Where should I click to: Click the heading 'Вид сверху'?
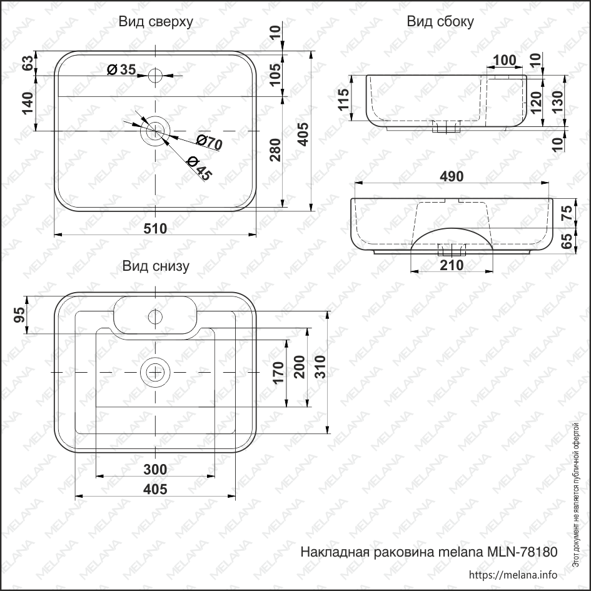coord(156,21)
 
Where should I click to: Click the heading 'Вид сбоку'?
coord(440,21)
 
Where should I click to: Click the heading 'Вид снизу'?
coord(156,266)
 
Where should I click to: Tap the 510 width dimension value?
coord(155,228)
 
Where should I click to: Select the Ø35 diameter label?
coord(121,69)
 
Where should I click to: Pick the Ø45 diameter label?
coord(198,167)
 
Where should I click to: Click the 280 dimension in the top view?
coord(275,151)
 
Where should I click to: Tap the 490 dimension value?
coord(451,177)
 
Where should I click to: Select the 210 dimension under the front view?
coord(451,265)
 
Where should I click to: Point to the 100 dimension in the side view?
coord(504,61)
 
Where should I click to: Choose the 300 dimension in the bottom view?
coord(154,469)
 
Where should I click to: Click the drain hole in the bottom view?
coord(154,372)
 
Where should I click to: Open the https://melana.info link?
coord(512,575)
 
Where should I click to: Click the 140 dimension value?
coord(28,103)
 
